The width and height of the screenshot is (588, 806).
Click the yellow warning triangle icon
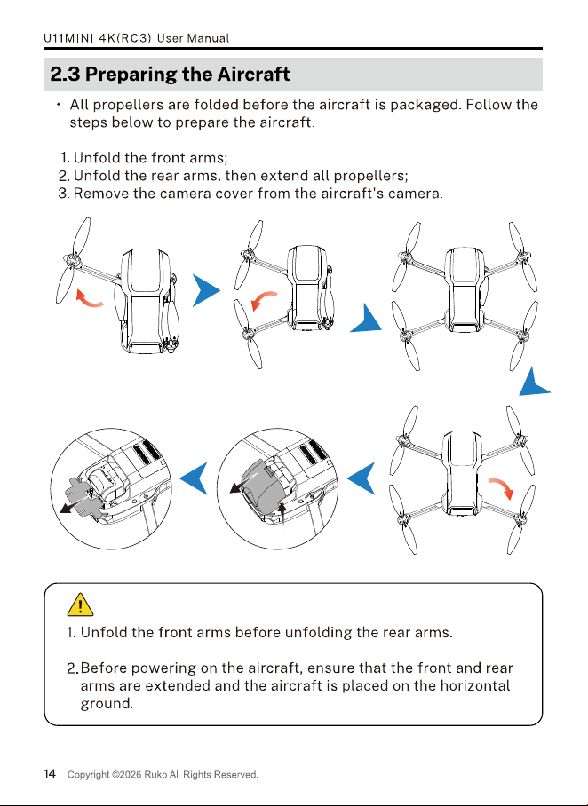[x=80, y=604]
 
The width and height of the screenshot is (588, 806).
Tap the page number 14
[x=50, y=774]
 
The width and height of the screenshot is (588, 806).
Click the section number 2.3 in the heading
[x=65, y=75]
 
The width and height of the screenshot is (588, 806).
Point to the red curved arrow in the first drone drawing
[x=89, y=298]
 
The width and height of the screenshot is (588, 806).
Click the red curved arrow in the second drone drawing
[x=264, y=301]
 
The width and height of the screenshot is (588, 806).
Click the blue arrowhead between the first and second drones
[x=206, y=290]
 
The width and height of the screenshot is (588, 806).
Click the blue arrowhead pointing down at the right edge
[x=535, y=382]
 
